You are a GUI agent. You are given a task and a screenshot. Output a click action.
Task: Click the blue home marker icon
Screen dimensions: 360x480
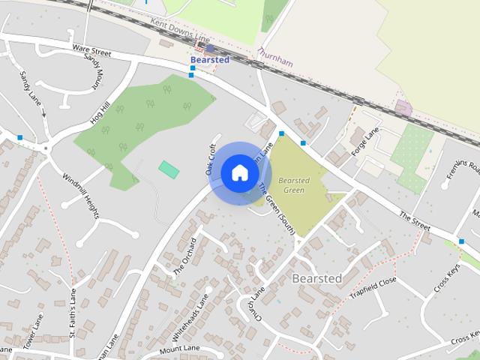pos(239,172)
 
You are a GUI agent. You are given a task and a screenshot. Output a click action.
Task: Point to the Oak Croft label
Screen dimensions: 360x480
pos(212,160)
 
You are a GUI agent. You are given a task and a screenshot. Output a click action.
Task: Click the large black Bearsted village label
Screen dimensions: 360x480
pos(316,279)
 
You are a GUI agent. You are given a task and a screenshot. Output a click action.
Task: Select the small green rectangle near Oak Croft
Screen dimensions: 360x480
pos(169,169)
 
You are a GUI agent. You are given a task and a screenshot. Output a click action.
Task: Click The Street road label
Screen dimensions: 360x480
pos(415,220)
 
